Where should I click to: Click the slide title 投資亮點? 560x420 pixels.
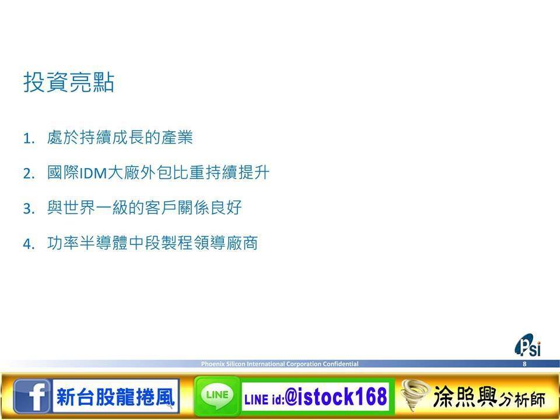coord(69,82)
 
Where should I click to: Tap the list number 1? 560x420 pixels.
coord(29,138)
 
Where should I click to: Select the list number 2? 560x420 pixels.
coord(29,174)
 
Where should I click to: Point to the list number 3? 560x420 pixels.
coord(29,209)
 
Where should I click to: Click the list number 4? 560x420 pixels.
coord(29,244)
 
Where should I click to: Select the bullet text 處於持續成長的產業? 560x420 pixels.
coord(120,138)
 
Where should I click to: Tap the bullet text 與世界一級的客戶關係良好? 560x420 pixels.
coord(145,208)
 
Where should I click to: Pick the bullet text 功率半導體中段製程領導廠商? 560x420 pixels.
coord(152,243)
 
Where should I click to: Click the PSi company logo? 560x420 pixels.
coord(528,345)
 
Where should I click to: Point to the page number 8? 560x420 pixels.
coord(524,364)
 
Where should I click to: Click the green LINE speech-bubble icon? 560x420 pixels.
coord(217,396)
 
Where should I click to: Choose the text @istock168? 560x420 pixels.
coord(336,397)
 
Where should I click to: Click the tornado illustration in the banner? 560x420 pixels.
coord(415,395)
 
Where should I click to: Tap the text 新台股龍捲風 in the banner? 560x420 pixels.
coord(116,397)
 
